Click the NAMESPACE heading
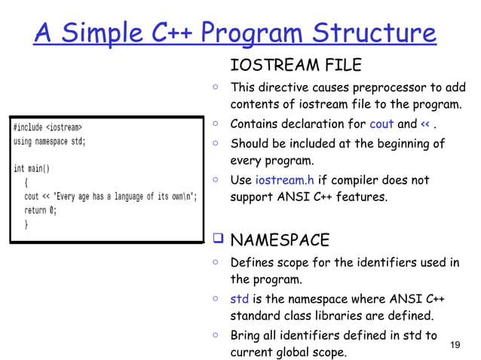(x=279, y=241)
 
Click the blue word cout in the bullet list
(x=381, y=124)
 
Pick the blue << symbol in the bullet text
(x=427, y=124)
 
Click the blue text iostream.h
(x=283, y=181)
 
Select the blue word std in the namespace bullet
(x=239, y=299)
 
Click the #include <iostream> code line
(x=47, y=127)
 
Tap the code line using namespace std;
(x=50, y=141)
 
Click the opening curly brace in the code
(x=26, y=183)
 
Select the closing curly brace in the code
(x=26, y=224)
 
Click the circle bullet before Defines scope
(x=216, y=264)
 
